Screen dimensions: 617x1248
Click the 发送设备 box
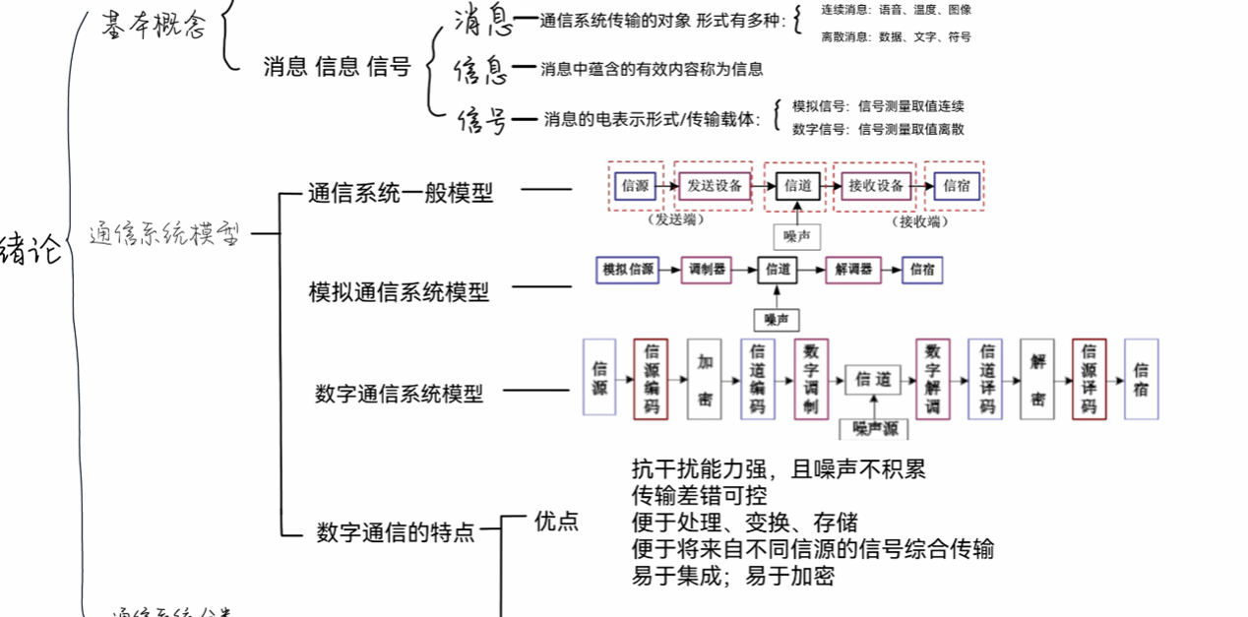pos(714,185)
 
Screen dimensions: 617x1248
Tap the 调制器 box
pos(707,269)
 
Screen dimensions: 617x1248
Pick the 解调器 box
pos(852,269)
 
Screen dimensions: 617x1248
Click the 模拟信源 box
pos(628,269)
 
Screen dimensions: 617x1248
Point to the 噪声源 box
pos(873,428)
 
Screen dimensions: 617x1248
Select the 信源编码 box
pos(652,379)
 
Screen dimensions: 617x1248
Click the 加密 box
pos(705,379)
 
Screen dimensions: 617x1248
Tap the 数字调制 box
pos(811,379)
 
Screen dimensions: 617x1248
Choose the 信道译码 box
pos(985,379)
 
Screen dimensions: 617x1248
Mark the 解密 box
pos(1037,379)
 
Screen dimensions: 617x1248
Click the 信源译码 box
pos(1089,379)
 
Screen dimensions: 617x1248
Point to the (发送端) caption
pos(678,221)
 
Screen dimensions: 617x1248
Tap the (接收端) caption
pos(919,221)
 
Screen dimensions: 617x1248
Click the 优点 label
pos(556,521)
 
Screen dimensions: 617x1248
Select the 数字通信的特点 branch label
pos(395,532)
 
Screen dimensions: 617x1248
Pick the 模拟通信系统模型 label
pos(399,291)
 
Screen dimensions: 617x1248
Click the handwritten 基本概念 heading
pos(154,26)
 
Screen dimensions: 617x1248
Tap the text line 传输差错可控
pos(699,495)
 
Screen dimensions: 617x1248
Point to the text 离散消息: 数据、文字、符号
pos(896,37)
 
